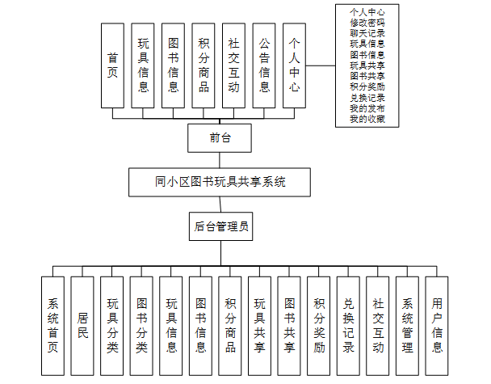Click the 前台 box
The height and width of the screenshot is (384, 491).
pyautogui.click(x=220, y=137)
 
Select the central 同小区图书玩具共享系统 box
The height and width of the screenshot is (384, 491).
pyautogui.click(x=220, y=182)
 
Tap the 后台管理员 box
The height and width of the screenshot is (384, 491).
pyautogui.click(x=220, y=226)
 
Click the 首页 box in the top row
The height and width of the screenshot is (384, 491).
pyautogui.click(x=112, y=65)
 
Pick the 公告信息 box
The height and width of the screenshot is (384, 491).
pyautogui.click(x=264, y=65)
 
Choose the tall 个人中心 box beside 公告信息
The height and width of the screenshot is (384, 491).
pyautogui.click(x=295, y=65)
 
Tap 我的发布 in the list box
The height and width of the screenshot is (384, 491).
pyautogui.click(x=367, y=108)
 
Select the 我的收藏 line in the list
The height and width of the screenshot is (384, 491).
pyautogui.click(x=367, y=119)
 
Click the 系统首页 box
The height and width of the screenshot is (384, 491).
pyautogui.click(x=52, y=326)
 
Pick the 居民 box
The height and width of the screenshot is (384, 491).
pyautogui.click(x=82, y=326)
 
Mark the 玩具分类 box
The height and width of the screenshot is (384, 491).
pyautogui.click(x=111, y=326)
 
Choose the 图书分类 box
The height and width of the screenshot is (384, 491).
pyautogui.click(x=141, y=326)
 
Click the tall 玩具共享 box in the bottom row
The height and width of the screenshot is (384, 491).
pyautogui.click(x=259, y=326)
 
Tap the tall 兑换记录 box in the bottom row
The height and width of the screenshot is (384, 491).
pyautogui.click(x=348, y=326)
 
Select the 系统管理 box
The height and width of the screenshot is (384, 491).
pyautogui.click(x=407, y=326)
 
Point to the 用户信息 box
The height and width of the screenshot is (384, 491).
pyautogui.click(x=437, y=326)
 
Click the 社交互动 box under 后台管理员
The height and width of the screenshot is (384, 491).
pyautogui.click(x=378, y=326)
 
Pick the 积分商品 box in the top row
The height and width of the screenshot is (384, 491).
pyautogui.click(x=204, y=65)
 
